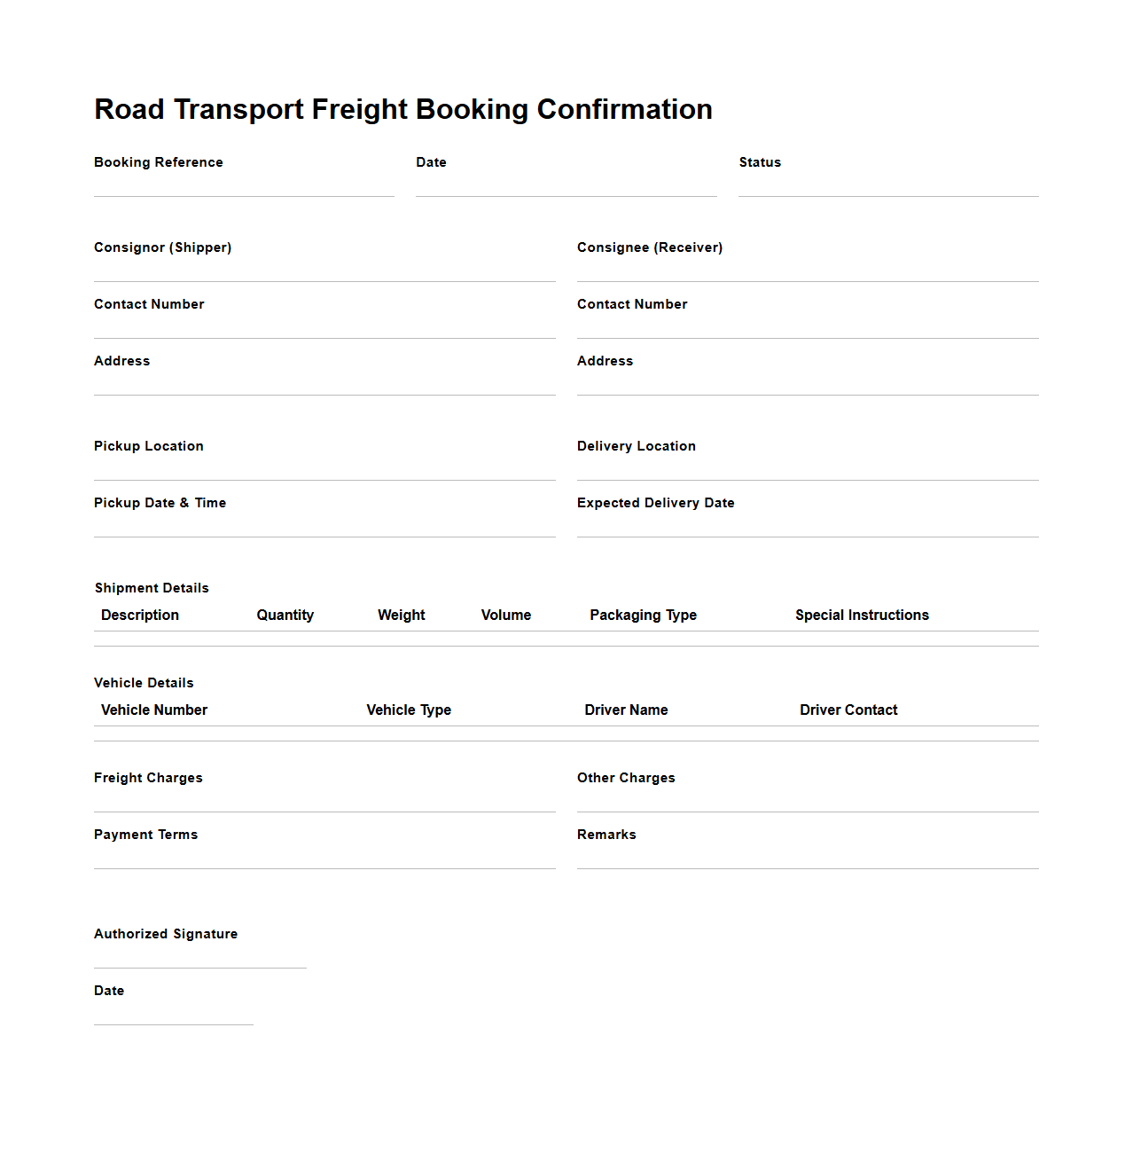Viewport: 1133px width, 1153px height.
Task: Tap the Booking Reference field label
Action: tap(159, 162)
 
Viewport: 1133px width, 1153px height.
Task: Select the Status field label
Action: tap(760, 162)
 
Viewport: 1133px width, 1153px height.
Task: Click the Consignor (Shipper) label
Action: tap(162, 247)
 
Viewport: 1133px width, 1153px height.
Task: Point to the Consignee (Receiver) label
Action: tap(650, 247)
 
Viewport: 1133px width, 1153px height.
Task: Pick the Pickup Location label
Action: tap(149, 446)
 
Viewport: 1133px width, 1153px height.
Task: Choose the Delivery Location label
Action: tap(637, 446)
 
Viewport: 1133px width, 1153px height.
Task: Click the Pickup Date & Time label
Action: tap(160, 503)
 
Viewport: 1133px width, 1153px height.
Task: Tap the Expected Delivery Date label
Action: tap(656, 503)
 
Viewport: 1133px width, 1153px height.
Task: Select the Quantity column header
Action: tap(285, 616)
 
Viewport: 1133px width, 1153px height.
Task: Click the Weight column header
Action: tap(402, 616)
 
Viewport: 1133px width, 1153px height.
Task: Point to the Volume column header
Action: tap(506, 616)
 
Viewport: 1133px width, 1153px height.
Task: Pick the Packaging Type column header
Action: tap(644, 616)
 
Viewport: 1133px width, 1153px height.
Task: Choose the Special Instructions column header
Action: tap(862, 616)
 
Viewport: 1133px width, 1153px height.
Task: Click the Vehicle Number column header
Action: tap(154, 710)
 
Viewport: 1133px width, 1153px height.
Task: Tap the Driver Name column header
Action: tap(626, 710)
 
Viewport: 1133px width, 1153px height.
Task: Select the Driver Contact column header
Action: tap(848, 710)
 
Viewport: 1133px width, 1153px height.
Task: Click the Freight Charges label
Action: tap(148, 778)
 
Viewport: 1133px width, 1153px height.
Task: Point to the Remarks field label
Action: tap(606, 835)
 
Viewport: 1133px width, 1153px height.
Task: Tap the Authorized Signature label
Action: tap(166, 934)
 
